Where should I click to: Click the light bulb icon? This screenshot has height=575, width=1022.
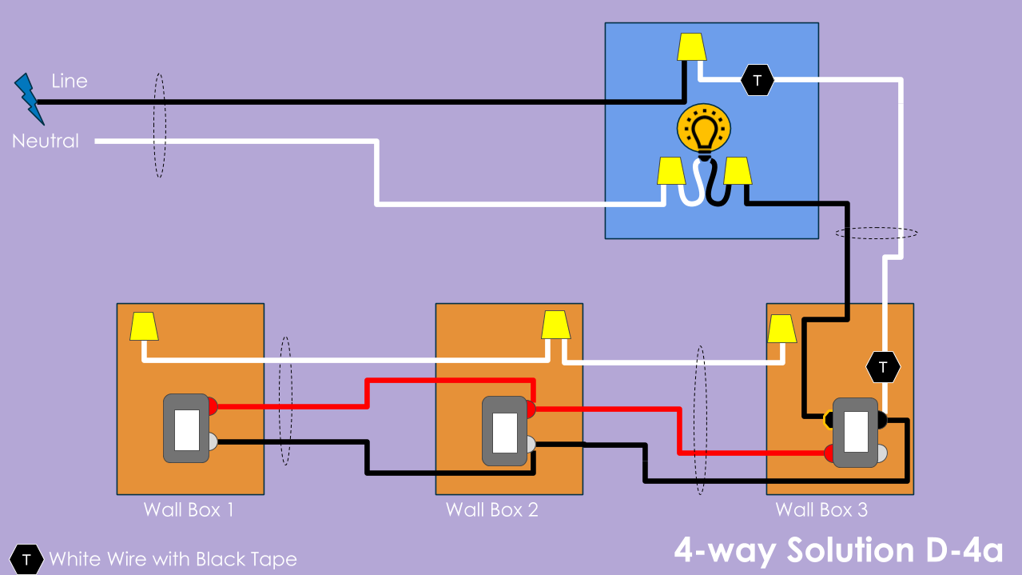[x=704, y=130]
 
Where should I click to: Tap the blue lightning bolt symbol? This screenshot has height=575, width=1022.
[x=29, y=98]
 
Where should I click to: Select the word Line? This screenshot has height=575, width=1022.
[x=70, y=81]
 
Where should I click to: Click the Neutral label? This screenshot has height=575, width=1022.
[x=46, y=141]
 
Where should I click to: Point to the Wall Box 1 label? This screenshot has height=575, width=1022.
[x=189, y=509]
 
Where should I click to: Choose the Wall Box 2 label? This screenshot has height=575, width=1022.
[x=491, y=509]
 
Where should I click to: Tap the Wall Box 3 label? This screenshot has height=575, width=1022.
[x=821, y=509]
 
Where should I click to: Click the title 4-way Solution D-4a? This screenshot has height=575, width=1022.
[x=838, y=550]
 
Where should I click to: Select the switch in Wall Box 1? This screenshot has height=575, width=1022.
[x=186, y=428]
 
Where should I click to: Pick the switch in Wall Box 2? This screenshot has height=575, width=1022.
[x=504, y=432]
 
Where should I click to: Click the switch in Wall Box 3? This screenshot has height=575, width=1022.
[x=856, y=432]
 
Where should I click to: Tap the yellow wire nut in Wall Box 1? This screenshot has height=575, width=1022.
[x=144, y=325]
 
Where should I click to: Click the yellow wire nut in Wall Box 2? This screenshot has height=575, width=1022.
[x=555, y=325]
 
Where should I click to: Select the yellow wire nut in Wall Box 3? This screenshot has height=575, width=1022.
[x=781, y=328]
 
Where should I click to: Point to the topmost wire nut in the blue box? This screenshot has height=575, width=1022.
[x=691, y=46]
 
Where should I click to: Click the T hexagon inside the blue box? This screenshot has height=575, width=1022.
[x=757, y=80]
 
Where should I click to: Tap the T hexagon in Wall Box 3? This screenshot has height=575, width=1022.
[x=883, y=367]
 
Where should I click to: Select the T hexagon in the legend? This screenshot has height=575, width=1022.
[x=27, y=558]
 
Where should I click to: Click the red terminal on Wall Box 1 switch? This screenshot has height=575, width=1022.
[x=213, y=406]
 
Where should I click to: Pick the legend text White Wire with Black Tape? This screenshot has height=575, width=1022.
[x=173, y=559]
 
